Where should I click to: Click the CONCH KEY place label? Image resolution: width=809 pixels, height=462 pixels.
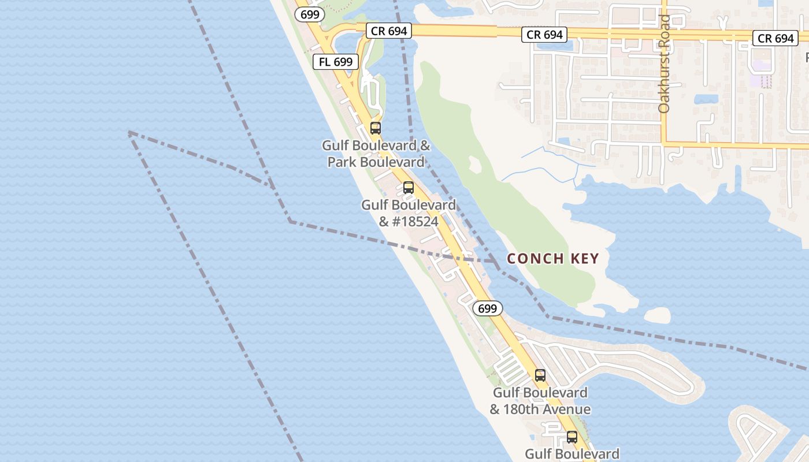point(552,259)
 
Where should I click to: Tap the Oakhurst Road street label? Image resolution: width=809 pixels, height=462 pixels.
point(664,64)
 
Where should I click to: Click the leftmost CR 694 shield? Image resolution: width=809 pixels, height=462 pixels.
point(389,31)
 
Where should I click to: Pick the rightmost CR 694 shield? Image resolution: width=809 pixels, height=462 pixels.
point(775,39)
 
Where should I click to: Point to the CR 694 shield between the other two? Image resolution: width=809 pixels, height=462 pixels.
point(544,35)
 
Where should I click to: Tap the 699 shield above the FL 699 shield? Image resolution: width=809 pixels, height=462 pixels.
point(310,14)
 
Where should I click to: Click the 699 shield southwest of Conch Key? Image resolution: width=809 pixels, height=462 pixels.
point(488,308)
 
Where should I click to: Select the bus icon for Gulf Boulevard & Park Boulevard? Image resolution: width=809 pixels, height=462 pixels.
point(376,128)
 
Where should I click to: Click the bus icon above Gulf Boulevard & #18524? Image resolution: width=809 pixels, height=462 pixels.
point(409,188)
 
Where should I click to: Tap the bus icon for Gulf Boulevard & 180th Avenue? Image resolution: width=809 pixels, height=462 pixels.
point(540,375)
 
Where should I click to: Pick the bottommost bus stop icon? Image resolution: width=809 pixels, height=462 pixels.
point(572,437)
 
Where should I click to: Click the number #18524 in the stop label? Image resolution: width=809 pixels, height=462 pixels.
point(415,222)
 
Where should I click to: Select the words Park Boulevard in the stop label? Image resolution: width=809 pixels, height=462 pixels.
point(376,162)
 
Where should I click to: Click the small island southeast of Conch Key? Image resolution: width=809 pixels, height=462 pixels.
point(657,315)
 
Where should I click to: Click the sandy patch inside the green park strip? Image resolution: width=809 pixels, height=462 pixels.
point(474,164)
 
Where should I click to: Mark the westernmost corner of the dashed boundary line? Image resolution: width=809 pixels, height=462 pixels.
point(128,132)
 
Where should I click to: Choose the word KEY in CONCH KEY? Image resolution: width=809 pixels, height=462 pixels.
point(585,259)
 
